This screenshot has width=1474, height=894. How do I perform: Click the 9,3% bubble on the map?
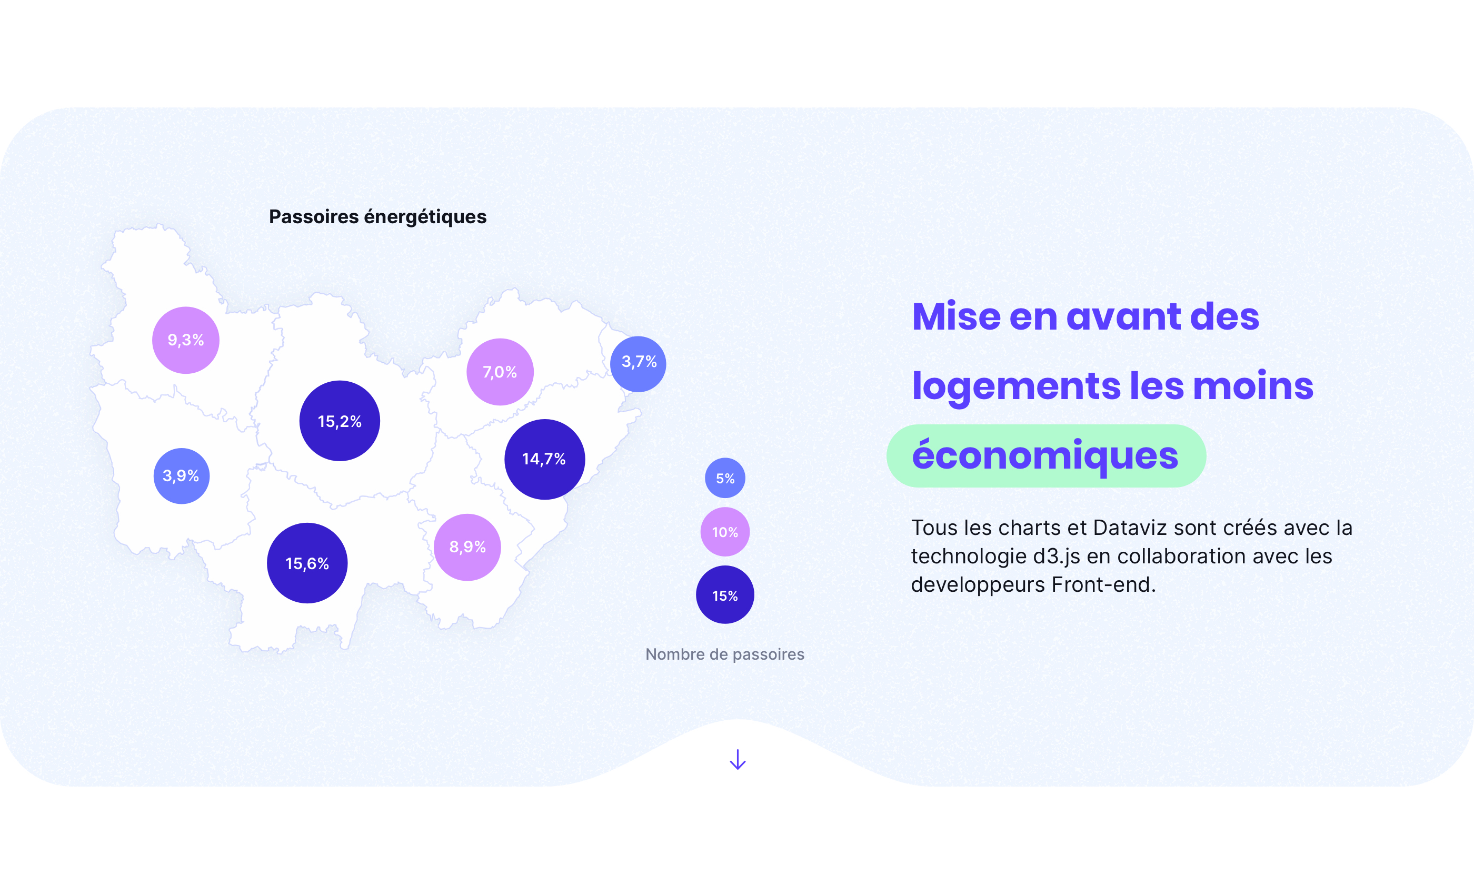185,340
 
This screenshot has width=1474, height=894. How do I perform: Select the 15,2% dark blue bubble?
340,421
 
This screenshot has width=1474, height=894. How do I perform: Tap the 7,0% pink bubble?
500,372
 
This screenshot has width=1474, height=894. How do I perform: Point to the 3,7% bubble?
638,364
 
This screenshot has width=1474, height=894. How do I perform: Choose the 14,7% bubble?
544,459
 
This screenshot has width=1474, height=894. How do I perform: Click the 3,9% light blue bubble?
181,476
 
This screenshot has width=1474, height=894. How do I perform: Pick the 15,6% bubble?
307,563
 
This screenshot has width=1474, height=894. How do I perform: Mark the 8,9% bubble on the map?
467,547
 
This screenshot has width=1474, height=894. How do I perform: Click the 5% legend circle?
725,478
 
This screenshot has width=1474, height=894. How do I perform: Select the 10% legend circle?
725,532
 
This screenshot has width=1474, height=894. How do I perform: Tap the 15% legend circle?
725,595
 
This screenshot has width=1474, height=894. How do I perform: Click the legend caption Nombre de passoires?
725,654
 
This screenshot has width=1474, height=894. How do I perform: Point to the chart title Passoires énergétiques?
377,216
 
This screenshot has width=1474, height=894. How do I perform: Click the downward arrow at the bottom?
738,759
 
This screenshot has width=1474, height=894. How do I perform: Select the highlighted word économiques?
1045,456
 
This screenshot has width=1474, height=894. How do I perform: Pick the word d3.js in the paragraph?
1057,557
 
